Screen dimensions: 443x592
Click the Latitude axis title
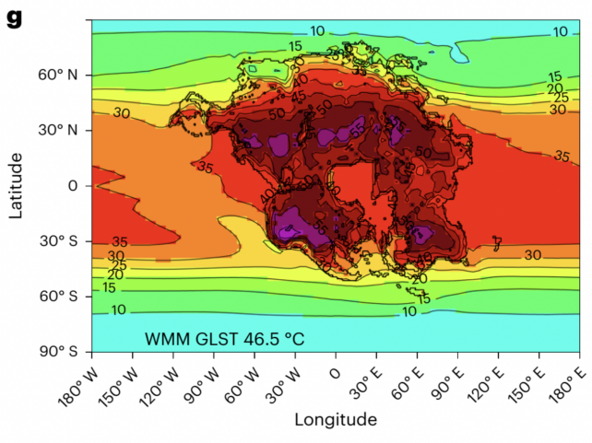coord(16,185)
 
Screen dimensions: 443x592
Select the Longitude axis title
coord(336,420)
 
